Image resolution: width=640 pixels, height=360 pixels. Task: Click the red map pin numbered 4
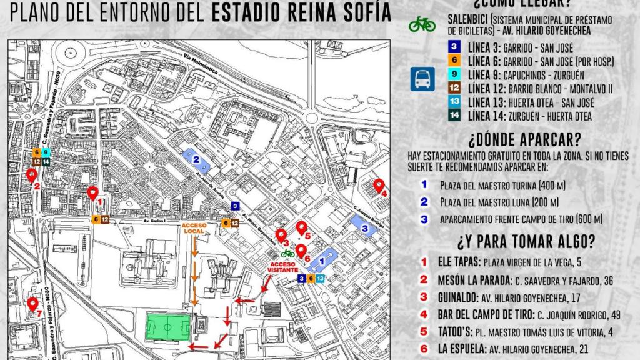point(379,186)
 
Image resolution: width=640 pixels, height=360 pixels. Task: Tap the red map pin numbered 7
point(33,304)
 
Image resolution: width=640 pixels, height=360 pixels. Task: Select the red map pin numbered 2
point(31,176)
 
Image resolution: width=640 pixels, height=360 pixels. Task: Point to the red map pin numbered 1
point(93,193)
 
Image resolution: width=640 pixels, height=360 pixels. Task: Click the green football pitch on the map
point(167,327)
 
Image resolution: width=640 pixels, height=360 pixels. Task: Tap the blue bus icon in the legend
point(422,79)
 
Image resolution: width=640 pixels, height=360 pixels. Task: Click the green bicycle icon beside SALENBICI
point(422,24)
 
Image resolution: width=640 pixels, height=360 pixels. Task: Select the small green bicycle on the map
point(287,253)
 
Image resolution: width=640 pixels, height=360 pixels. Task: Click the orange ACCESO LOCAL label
point(196,227)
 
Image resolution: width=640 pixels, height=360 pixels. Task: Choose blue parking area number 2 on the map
point(196,159)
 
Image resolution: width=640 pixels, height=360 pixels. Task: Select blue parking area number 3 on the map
point(366,229)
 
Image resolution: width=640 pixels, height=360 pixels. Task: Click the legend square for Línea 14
point(454,116)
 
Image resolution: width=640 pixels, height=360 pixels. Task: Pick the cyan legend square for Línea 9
point(454,74)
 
